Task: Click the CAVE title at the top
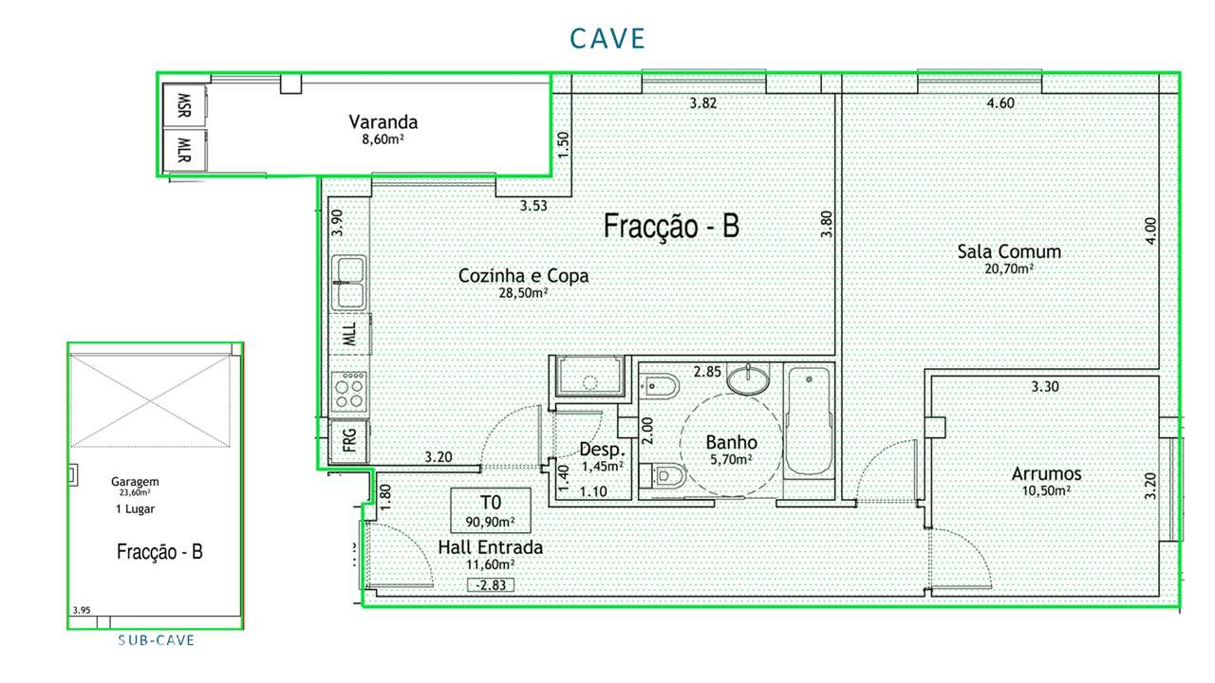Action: coord(607,38)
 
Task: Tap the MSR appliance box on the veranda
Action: coord(184,104)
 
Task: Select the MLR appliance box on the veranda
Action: coord(184,149)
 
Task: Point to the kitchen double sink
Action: coord(348,283)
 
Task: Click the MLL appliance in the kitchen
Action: coord(348,334)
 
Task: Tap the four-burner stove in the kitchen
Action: coord(348,389)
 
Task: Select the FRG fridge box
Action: coord(348,441)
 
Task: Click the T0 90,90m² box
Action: coord(490,510)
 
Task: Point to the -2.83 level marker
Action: coord(492,585)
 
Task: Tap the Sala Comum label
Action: coord(1008,251)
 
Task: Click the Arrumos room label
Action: coord(1046,474)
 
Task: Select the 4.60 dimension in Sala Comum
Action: coord(1000,103)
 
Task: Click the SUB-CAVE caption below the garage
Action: coord(156,640)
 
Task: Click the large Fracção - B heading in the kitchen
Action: coord(670,227)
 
